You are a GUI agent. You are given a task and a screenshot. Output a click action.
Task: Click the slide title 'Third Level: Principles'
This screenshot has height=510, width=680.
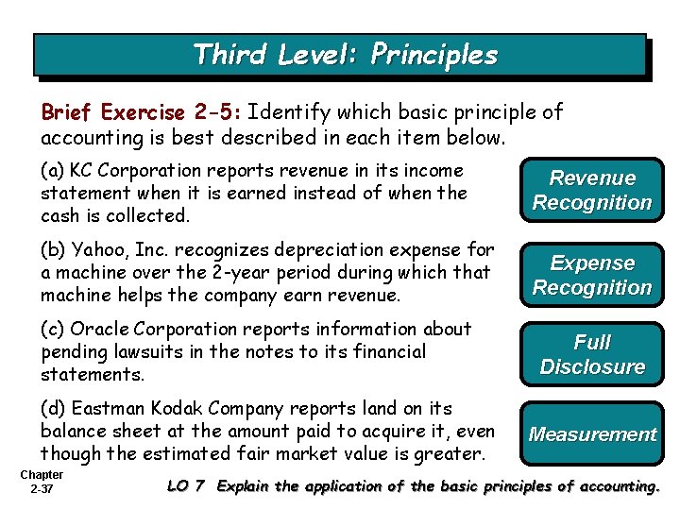tap(345, 54)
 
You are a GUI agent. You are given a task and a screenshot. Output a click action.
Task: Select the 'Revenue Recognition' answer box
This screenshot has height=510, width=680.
tap(592, 190)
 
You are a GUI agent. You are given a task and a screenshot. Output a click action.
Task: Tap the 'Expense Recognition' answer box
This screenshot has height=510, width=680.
tap(592, 275)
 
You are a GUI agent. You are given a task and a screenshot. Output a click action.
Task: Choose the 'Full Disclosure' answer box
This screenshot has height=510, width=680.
tap(592, 354)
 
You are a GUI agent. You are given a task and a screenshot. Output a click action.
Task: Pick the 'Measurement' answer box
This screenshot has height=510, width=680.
tap(592, 434)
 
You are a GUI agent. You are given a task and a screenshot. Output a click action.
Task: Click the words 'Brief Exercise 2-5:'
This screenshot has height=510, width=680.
tap(142, 112)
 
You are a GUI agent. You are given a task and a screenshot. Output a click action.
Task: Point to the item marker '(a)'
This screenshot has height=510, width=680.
tap(53, 171)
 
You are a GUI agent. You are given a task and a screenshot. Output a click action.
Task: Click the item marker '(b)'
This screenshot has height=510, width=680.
tap(53, 250)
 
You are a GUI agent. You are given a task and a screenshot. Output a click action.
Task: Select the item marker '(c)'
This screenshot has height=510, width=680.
tap(53, 330)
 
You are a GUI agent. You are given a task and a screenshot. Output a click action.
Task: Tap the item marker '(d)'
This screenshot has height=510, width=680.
tap(53, 409)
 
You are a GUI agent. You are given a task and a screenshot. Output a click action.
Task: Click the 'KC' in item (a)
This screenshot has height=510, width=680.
tap(82, 171)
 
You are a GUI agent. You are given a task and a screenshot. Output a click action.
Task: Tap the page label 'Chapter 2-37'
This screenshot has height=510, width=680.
tap(41, 482)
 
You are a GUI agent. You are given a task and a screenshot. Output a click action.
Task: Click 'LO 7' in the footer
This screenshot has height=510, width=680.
tap(185, 487)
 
